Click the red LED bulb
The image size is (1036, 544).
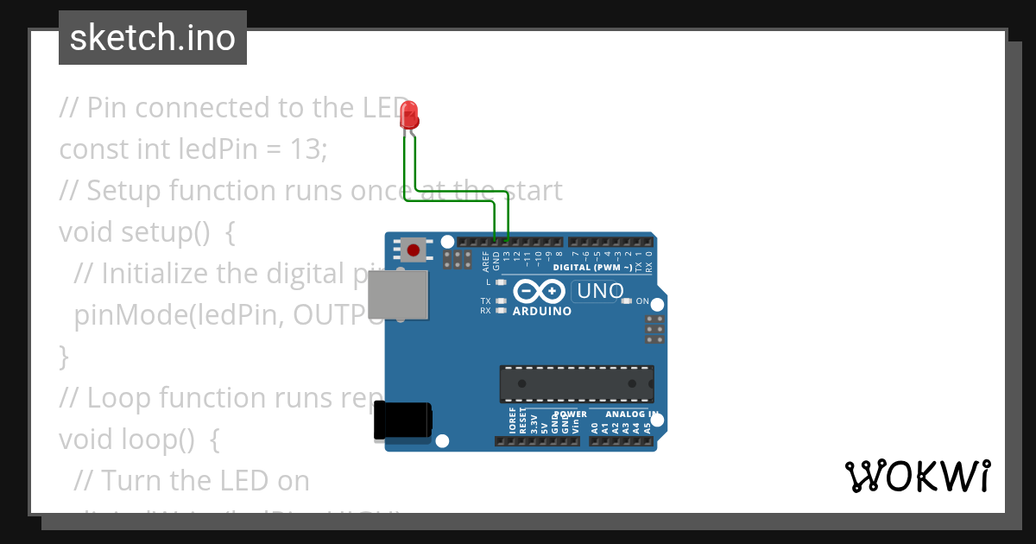410,115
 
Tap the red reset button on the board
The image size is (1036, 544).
414,250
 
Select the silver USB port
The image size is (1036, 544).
397,294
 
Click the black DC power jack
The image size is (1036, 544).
403,421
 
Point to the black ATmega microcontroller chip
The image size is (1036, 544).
576,383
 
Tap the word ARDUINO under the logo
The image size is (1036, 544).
541,311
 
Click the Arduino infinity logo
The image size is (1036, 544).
541,291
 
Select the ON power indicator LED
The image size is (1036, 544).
627,301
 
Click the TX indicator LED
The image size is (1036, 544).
501,301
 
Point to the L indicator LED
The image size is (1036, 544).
501,282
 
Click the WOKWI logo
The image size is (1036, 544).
917,476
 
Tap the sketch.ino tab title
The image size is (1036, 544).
153,38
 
